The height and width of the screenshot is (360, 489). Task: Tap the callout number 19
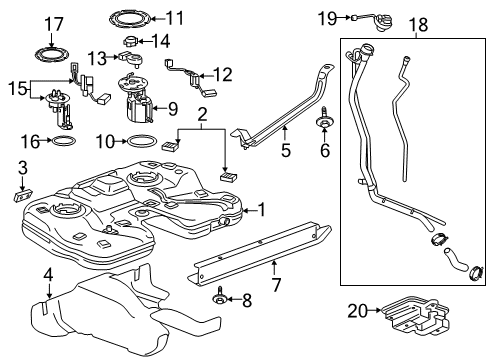[327, 18]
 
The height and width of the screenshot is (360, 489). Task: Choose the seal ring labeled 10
[143, 142]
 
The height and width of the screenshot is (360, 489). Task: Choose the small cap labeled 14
[133, 42]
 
